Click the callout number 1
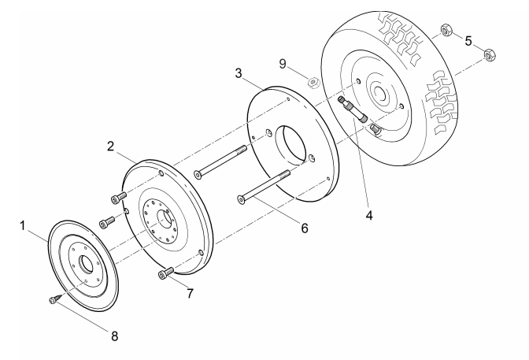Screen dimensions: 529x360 pyautogui.click(x=23, y=225)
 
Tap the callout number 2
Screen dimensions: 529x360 pyautogui.click(x=111, y=147)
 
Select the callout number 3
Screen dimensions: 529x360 pyautogui.click(x=239, y=73)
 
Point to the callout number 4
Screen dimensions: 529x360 pyautogui.click(x=369, y=215)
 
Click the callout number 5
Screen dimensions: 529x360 pyautogui.click(x=468, y=41)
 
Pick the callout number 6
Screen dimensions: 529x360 pyautogui.click(x=305, y=228)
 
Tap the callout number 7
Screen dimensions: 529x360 pyautogui.click(x=191, y=294)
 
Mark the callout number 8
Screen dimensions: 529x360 pyautogui.click(x=115, y=336)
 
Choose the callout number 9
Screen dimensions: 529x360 pyautogui.click(x=283, y=64)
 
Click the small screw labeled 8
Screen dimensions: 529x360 pyautogui.click(x=56, y=299)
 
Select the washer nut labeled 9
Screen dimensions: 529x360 pyautogui.click(x=313, y=83)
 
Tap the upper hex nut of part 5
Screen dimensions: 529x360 pyautogui.click(x=446, y=30)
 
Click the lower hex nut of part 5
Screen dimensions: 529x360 pyautogui.click(x=489, y=55)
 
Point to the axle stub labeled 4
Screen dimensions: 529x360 pyautogui.click(x=353, y=109)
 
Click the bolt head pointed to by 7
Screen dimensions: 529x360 pyautogui.click(x=162, y=275)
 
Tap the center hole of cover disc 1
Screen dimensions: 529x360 pyautogui.click(x=85, y=265)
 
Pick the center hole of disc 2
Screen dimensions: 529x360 pyautogui.click(x=165, y=218)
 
